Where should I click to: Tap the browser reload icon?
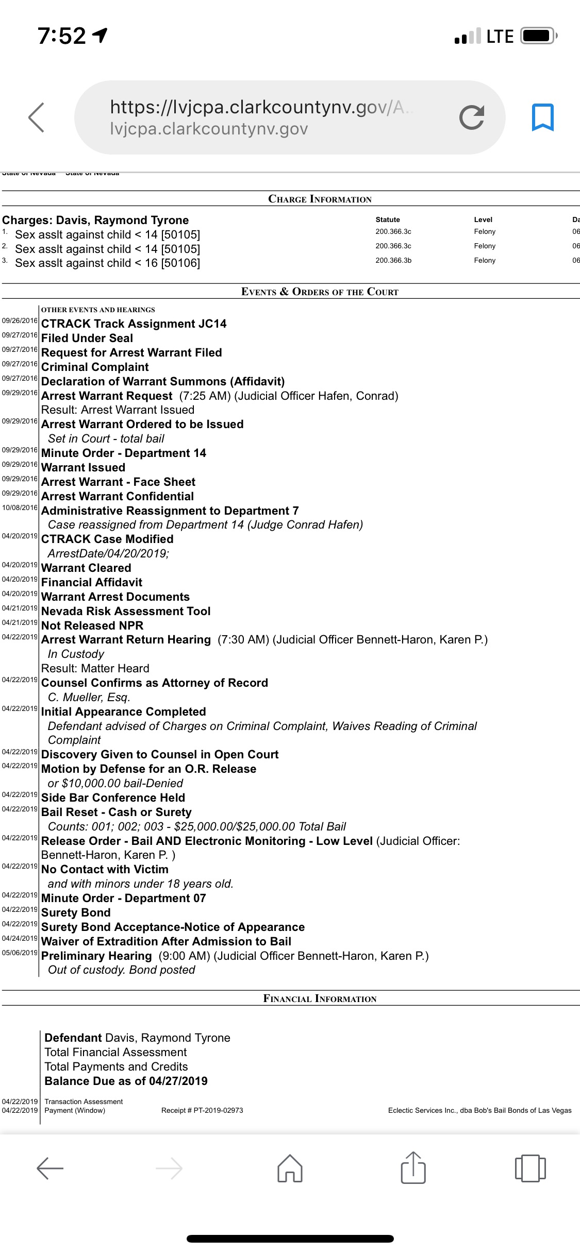[472, 117]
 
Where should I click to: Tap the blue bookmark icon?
[542, 117]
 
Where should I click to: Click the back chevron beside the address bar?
[36, 117]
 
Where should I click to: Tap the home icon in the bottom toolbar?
[290, 1167]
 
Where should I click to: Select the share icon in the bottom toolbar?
[413, 1166]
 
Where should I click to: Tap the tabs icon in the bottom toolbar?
[530, 1167]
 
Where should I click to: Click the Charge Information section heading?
[320, 199]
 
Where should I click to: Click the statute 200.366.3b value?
[393, 260]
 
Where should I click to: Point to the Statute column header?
[388, 219]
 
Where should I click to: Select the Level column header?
[483, 219]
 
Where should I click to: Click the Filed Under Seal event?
[87, 338]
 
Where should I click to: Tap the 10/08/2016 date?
[20, 508]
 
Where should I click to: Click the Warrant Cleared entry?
[86, 568]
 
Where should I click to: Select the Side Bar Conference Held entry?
[113, 798]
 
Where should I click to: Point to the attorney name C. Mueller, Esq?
[89, 697]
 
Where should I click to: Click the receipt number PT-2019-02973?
[202, 1110]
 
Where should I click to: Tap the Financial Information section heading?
[320, 998]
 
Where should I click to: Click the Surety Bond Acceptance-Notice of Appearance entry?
[173, 927]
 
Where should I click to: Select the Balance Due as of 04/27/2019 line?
[126, 1081]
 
